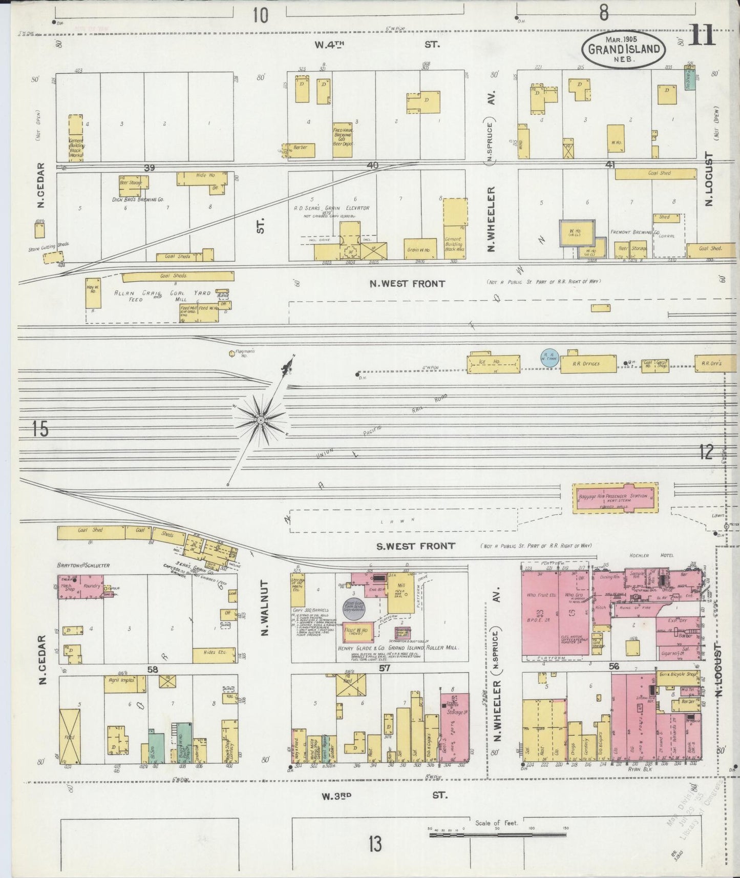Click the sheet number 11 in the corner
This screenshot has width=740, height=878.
[x=703, y=37]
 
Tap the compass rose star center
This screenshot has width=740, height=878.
[x=260, y=421]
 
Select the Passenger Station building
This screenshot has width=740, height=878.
[x=615, y=498]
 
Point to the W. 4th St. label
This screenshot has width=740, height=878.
[x=376, y=45]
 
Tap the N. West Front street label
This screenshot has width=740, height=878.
[x=408, y=283]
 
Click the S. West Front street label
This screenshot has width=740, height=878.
[x=415, y=546]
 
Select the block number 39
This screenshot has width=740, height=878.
[x=150, y=168]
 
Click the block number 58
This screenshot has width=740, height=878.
[x=152, y=669]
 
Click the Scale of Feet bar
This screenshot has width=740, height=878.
[x=497, y=835]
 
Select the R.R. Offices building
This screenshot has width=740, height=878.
[x=587, y=363]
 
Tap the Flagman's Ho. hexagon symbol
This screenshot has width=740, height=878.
[x=232, y=353]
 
